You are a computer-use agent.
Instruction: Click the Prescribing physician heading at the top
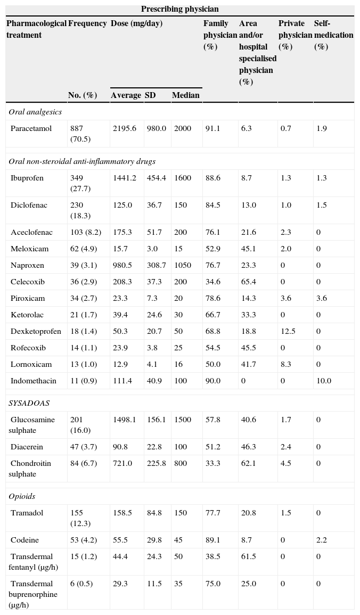point(179,9)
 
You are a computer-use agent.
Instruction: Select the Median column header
point(185,95)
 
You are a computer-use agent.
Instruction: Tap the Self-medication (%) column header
point(333,35)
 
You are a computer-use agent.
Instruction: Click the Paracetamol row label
point(31,128)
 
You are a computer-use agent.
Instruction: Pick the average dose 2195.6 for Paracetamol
point(125,128)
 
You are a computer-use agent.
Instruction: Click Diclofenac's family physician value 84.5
point(213,205)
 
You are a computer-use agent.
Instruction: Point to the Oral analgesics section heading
point(35,112)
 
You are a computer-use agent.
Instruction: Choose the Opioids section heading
point(22,496)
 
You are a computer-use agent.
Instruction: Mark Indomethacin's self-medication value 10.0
point(323,381)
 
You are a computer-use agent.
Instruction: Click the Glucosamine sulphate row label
point(32,425)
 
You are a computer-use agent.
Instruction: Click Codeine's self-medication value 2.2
point(321,540)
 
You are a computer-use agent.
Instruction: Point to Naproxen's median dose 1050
point(183,265)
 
